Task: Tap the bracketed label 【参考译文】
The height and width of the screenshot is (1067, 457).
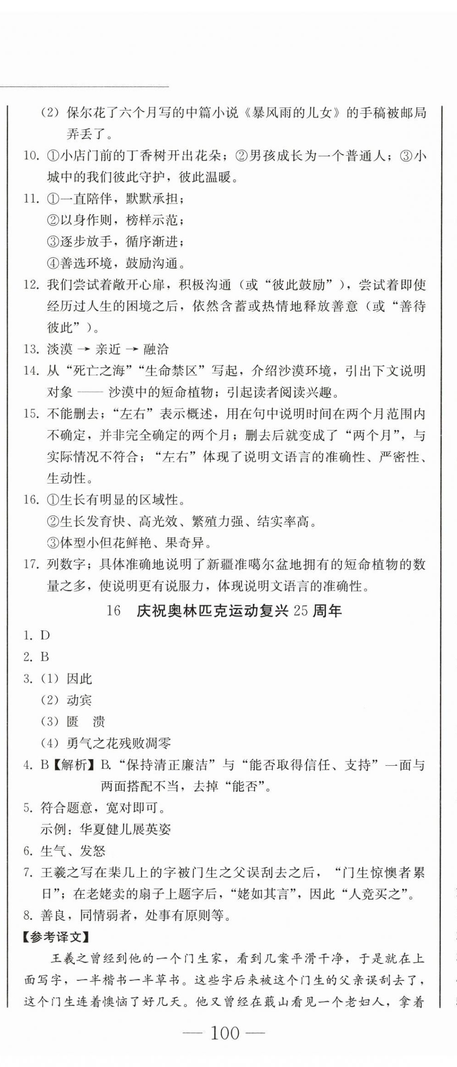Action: tap(57, 937)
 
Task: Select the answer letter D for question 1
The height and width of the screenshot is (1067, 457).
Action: tap(45, 635)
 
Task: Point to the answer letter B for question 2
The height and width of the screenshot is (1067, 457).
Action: tap(44, 657)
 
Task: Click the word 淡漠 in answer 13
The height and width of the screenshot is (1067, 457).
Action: tap(60, 349)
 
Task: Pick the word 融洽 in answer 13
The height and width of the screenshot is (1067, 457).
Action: tap(156, 349)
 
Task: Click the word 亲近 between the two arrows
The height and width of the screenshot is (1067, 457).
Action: tap(108, 349)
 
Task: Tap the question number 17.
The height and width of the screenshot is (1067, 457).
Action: tap(31, 564)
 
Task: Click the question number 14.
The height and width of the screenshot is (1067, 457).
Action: tap(31, 370)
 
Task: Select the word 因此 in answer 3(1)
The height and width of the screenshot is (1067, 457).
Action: tap(79, 678)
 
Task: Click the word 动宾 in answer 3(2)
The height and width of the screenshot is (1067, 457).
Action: tap(79, 700)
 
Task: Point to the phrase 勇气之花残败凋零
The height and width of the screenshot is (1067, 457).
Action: tap(119, 743)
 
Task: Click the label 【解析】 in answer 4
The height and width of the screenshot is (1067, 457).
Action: tap(74, 765)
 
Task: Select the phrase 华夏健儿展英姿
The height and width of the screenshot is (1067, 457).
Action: tap(125, 829)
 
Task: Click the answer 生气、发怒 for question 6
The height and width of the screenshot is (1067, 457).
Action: tap(73, 851)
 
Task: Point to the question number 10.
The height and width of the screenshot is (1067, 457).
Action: tap(31, 156)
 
